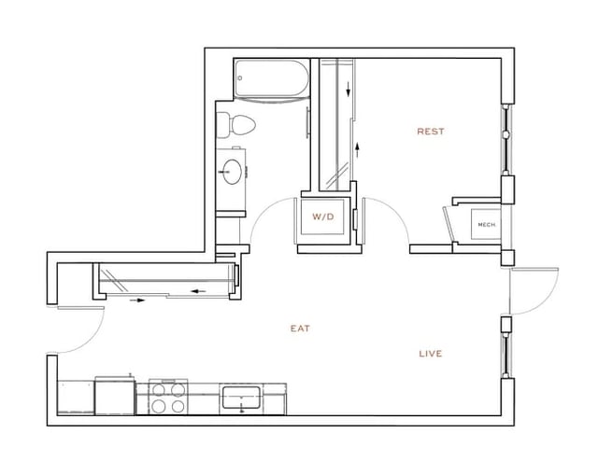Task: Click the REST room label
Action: [430, 132]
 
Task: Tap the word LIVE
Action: [430, 354]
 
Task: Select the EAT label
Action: [299, 328]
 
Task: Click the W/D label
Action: [322, 217]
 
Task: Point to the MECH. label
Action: [486, 225]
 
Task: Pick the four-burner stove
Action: [169, 398]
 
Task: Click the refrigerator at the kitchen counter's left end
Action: [76, 398]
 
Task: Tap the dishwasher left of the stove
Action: [115, 398]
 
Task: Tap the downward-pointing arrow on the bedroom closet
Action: [349, 91]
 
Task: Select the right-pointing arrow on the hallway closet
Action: [138, 300]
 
